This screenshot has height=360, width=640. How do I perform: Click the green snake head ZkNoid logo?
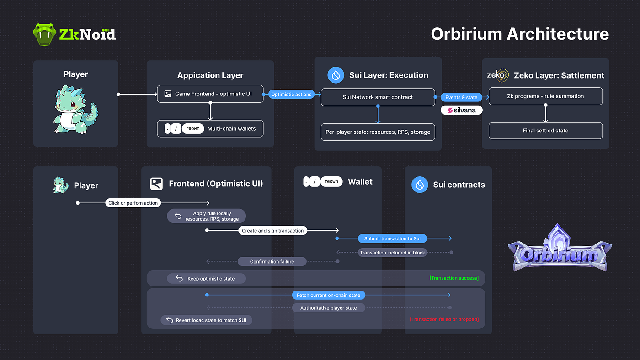(x=44, y=35)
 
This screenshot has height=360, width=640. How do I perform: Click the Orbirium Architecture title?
(x=520, y=34)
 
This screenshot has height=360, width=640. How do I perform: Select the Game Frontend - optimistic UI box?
(x=210, y=94)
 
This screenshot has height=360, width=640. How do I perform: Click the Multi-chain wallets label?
(x=231, y=129)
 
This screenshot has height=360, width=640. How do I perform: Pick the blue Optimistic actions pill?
(x=291, y=95)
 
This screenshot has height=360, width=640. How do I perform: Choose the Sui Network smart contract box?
(x=378, y=97)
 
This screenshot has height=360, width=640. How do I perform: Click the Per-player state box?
(x=378, y=132)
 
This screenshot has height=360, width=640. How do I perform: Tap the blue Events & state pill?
(x=461, y=97)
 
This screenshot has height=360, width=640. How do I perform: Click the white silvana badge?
(x=461, y=110)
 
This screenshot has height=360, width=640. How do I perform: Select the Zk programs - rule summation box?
(x=545, y=96)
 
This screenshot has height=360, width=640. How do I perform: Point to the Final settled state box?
(x=545, y=131)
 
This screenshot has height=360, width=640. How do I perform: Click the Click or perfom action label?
(x=133, y=203)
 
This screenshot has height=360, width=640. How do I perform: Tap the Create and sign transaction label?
(x=272, y=231)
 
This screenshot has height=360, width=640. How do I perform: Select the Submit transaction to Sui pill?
(x=392, y=238)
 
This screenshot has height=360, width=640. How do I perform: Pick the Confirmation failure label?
(x=272, y=261)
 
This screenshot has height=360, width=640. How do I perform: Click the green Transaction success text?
(x=454, y=278)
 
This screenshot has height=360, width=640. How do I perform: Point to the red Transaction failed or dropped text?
(x=444, y=319)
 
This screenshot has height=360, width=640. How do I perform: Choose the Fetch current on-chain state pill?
(x=328, y=295)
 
